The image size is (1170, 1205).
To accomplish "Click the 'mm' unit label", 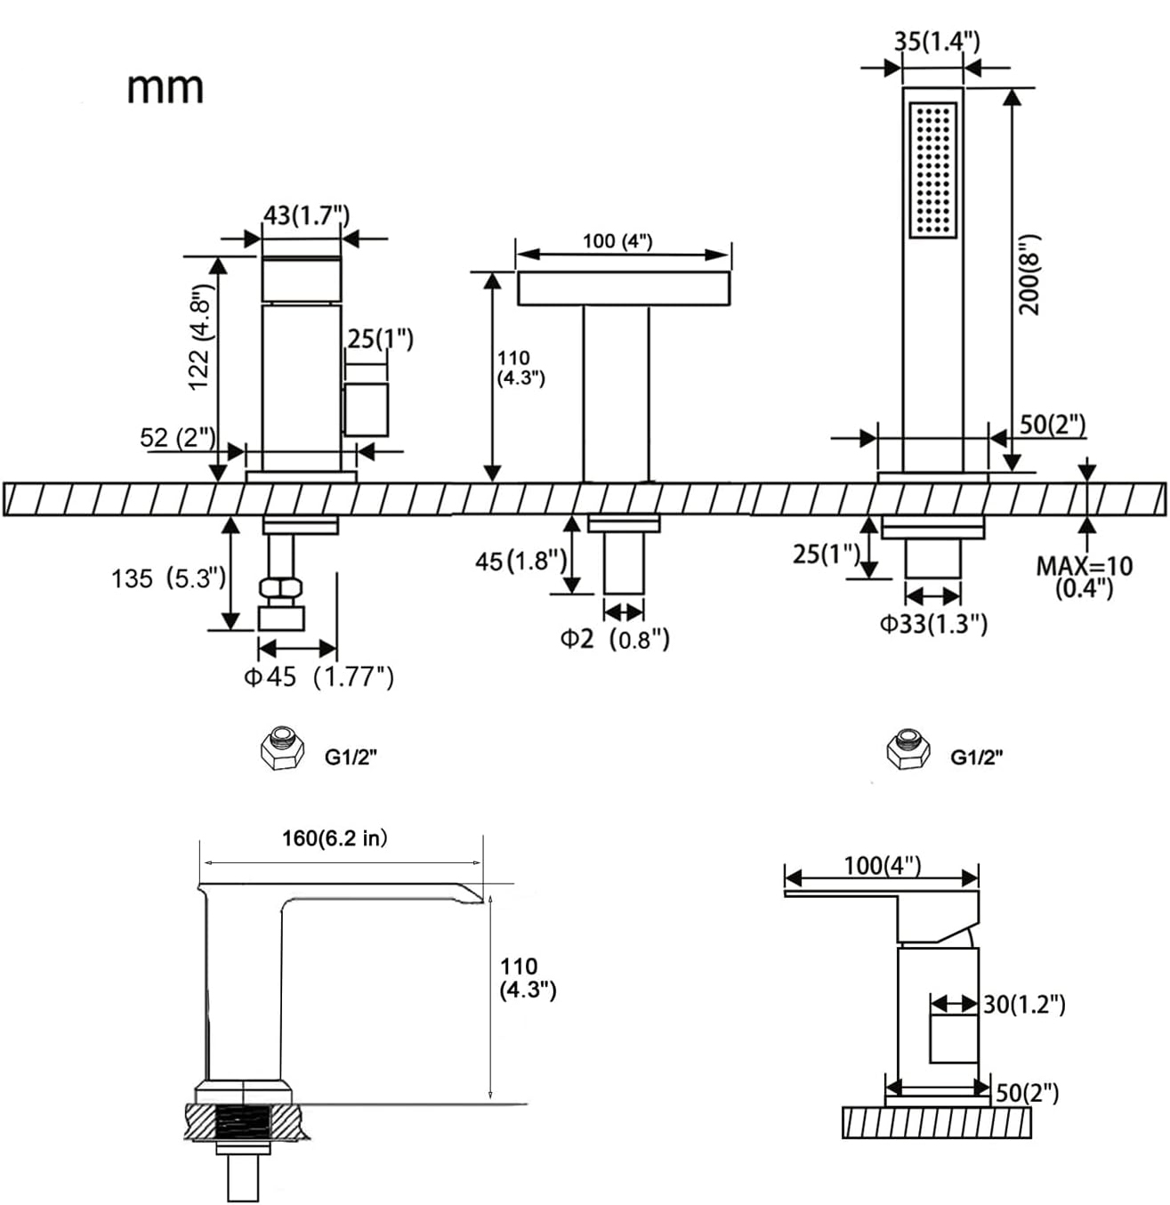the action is [x=165, y=89].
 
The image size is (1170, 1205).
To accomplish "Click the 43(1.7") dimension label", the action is [x=306, y=214].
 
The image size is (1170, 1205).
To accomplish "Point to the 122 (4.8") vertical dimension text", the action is [x=200, y=337].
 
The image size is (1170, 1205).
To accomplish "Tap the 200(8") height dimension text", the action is [x=1029, y=275].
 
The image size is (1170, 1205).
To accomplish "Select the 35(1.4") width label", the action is [x=937, y=42].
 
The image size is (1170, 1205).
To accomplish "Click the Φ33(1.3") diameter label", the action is [x=933, y=624].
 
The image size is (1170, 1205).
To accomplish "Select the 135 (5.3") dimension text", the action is [x=168, y=578].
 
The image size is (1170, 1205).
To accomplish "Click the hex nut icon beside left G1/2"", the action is [x=282, y=748].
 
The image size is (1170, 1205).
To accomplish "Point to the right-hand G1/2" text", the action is [x=976, y=756].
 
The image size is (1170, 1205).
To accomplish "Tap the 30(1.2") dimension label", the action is [x=1024, y=1005].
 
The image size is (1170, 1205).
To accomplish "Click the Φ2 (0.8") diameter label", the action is [x=615, y=638].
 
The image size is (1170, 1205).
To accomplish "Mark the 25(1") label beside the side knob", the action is [x=380, y=339].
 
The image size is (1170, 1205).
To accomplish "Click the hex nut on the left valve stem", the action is [x=281, y=587].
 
